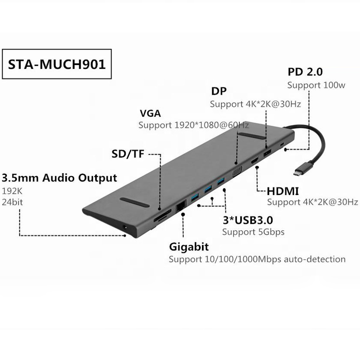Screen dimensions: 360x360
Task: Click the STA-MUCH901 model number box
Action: pos(57,65)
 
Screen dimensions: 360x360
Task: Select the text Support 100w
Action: pos(316,85)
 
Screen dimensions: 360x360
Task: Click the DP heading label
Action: pos(218,91)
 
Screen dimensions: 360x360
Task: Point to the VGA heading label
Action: pos(150,114)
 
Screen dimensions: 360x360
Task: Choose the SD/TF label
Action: pos(127,154)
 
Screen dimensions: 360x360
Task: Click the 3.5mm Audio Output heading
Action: pos(59,178)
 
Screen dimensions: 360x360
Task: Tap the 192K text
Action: pos(12,191)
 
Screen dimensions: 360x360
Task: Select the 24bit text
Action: pos(12,202)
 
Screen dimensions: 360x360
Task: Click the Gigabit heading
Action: pos(189,247)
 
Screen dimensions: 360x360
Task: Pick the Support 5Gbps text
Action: pos(253,232)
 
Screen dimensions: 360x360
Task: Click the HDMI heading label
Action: pos(282,191)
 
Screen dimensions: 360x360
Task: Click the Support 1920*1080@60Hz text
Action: pos(193,125)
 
